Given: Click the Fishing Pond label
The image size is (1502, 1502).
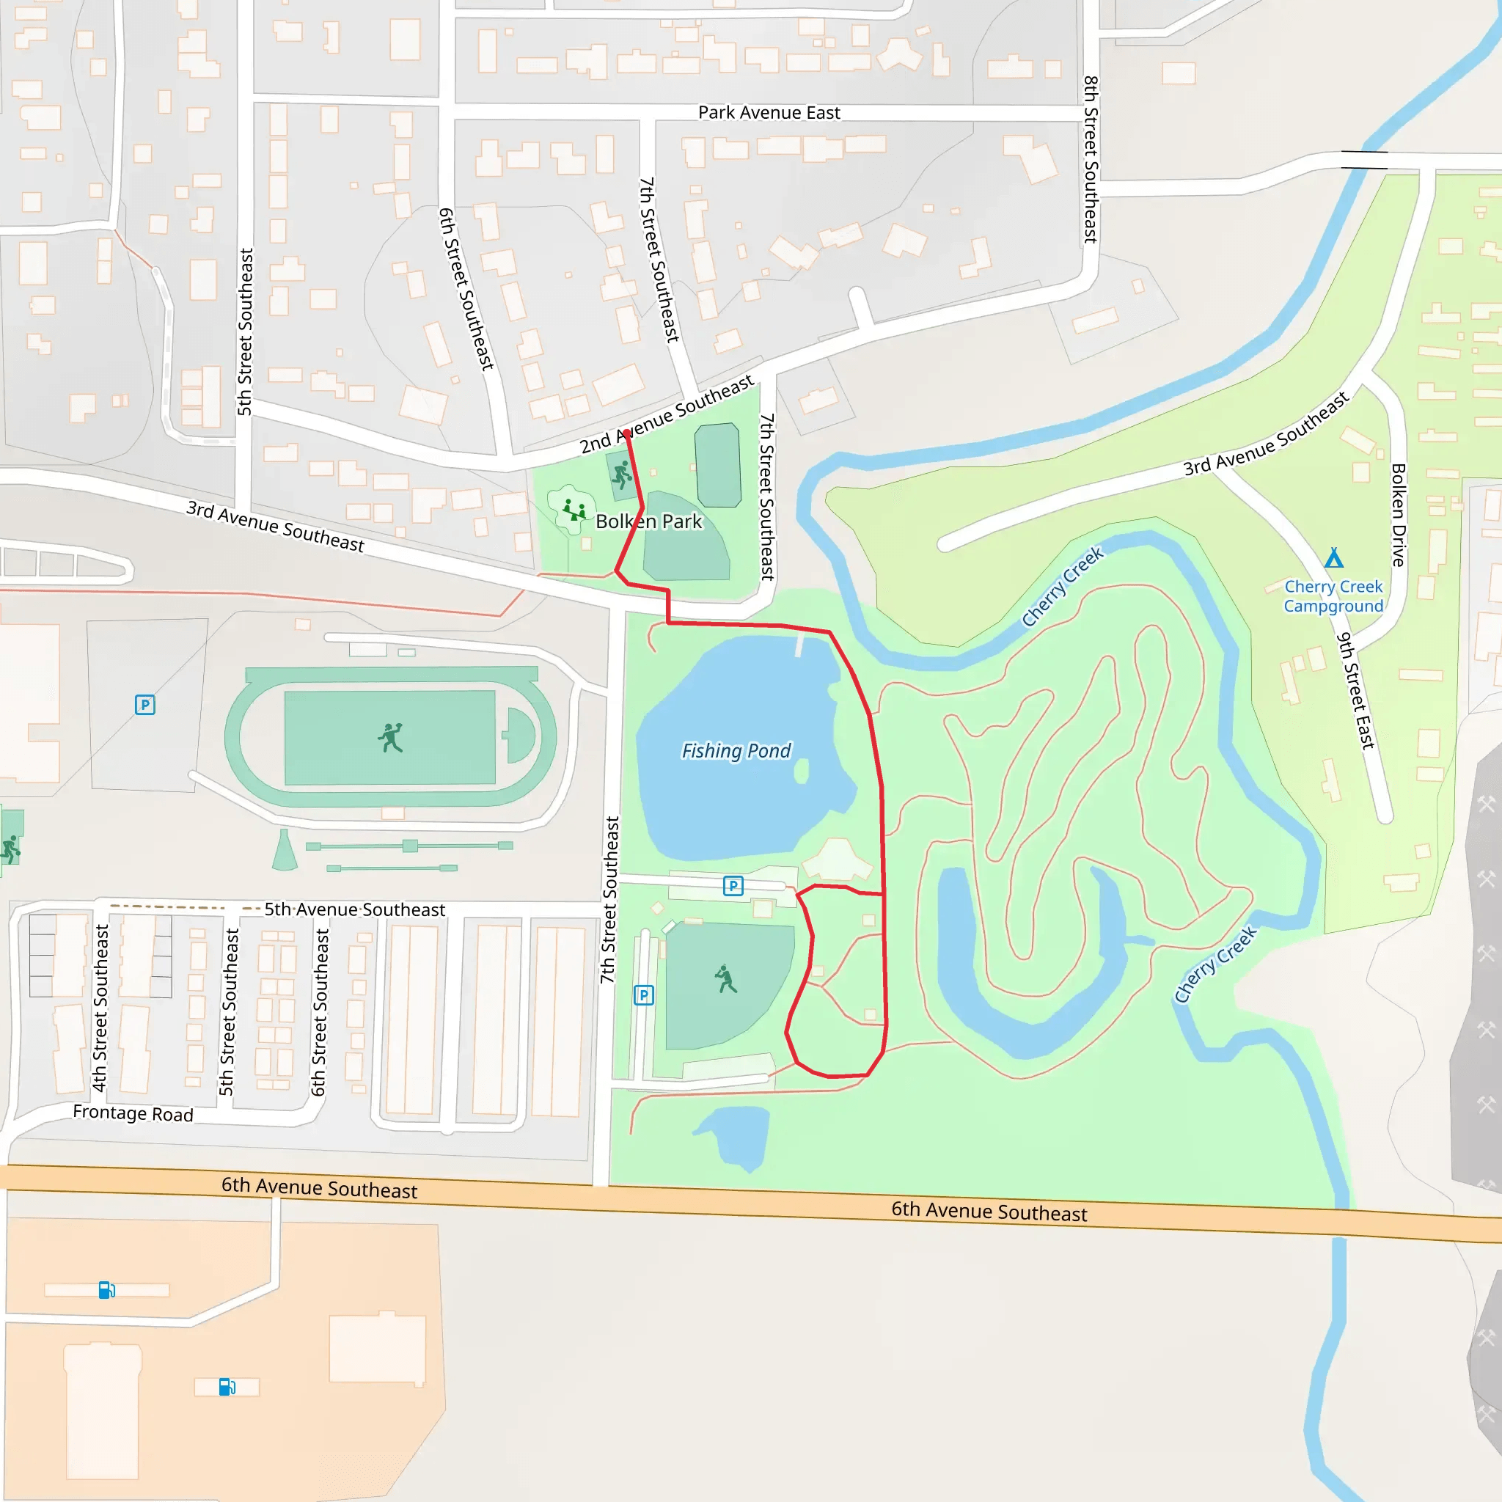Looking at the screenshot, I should (x=736, y=751).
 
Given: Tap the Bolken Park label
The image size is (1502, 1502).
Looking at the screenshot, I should (x=648, y=521).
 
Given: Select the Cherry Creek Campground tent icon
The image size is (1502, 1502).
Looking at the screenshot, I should (x=1334, y=557).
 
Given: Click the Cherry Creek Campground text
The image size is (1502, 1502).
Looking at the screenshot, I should (x=1333, y=596).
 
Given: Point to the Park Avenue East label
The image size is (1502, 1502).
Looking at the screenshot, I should (x=769, y=113).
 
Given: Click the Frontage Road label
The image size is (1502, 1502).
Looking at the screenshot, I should (x=133, y=1113).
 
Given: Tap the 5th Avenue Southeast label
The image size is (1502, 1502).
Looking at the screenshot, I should (x=354, y=909).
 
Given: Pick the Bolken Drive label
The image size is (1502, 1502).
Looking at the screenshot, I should (x=1398, y=515).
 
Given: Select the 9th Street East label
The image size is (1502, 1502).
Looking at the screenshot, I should (x=1356, y=690).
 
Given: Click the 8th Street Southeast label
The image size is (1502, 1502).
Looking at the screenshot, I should (x=1091, y=159).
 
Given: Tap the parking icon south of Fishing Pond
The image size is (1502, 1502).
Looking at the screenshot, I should (x=733, y=885).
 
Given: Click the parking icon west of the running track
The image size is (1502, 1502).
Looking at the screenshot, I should (x=145, y=705).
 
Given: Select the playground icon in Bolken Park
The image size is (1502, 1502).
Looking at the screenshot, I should (x=574, y=510).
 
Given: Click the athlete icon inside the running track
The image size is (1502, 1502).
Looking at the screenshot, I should (x=391, y=737).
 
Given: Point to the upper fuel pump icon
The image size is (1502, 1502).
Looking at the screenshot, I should (x=106, y=1291).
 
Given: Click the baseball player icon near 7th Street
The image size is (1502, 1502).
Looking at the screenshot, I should (x=725, y=980).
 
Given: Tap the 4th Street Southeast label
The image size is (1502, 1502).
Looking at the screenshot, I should (x=100, y=1008).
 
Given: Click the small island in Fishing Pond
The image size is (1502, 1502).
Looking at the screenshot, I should (x=801, y=772).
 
